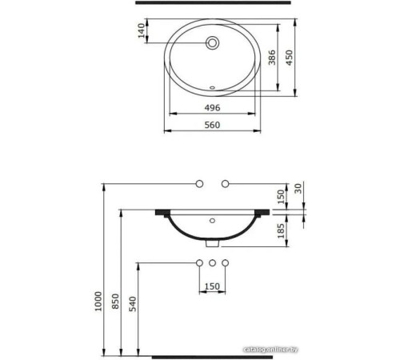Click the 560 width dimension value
point(211,126)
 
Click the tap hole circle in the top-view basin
point(213,43)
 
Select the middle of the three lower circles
point(212,262)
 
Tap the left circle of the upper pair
point(199,185)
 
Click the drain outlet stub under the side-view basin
point(212,246)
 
